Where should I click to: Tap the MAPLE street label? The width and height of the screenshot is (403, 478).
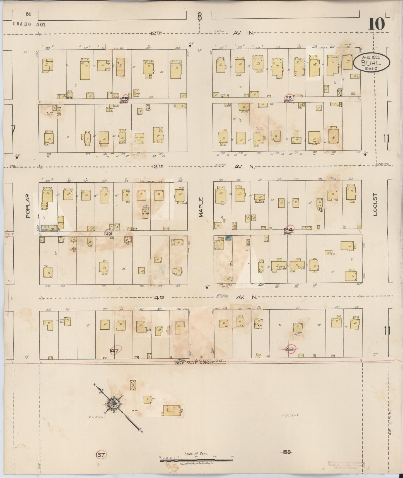pyautogui.click(x=201, y=207)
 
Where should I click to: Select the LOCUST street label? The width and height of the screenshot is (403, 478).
pyautogui.click(x=375, y=204)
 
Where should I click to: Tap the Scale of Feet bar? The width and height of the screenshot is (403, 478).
pyautogui.click(x=196, y=460)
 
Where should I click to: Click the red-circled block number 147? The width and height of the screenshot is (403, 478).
pyautogui.click(x=114, y=351)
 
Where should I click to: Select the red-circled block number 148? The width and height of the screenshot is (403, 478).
pyautogui.click(x=290, y=349)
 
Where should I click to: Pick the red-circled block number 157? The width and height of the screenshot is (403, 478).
pyautogui.click(x=101, y=455)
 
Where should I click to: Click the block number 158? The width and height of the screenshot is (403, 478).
pyautogui.click(x=286, y=452)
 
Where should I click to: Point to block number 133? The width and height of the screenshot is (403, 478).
pyautogui.click(x=108, y=233)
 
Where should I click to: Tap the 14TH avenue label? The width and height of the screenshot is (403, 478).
pyautogui.click(x=158, y=298)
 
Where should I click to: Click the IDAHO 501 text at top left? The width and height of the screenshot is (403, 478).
pyautogui.click(x=29, y=24)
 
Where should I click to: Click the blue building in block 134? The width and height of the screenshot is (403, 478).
pyautogui.click(x=229, y=238)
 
